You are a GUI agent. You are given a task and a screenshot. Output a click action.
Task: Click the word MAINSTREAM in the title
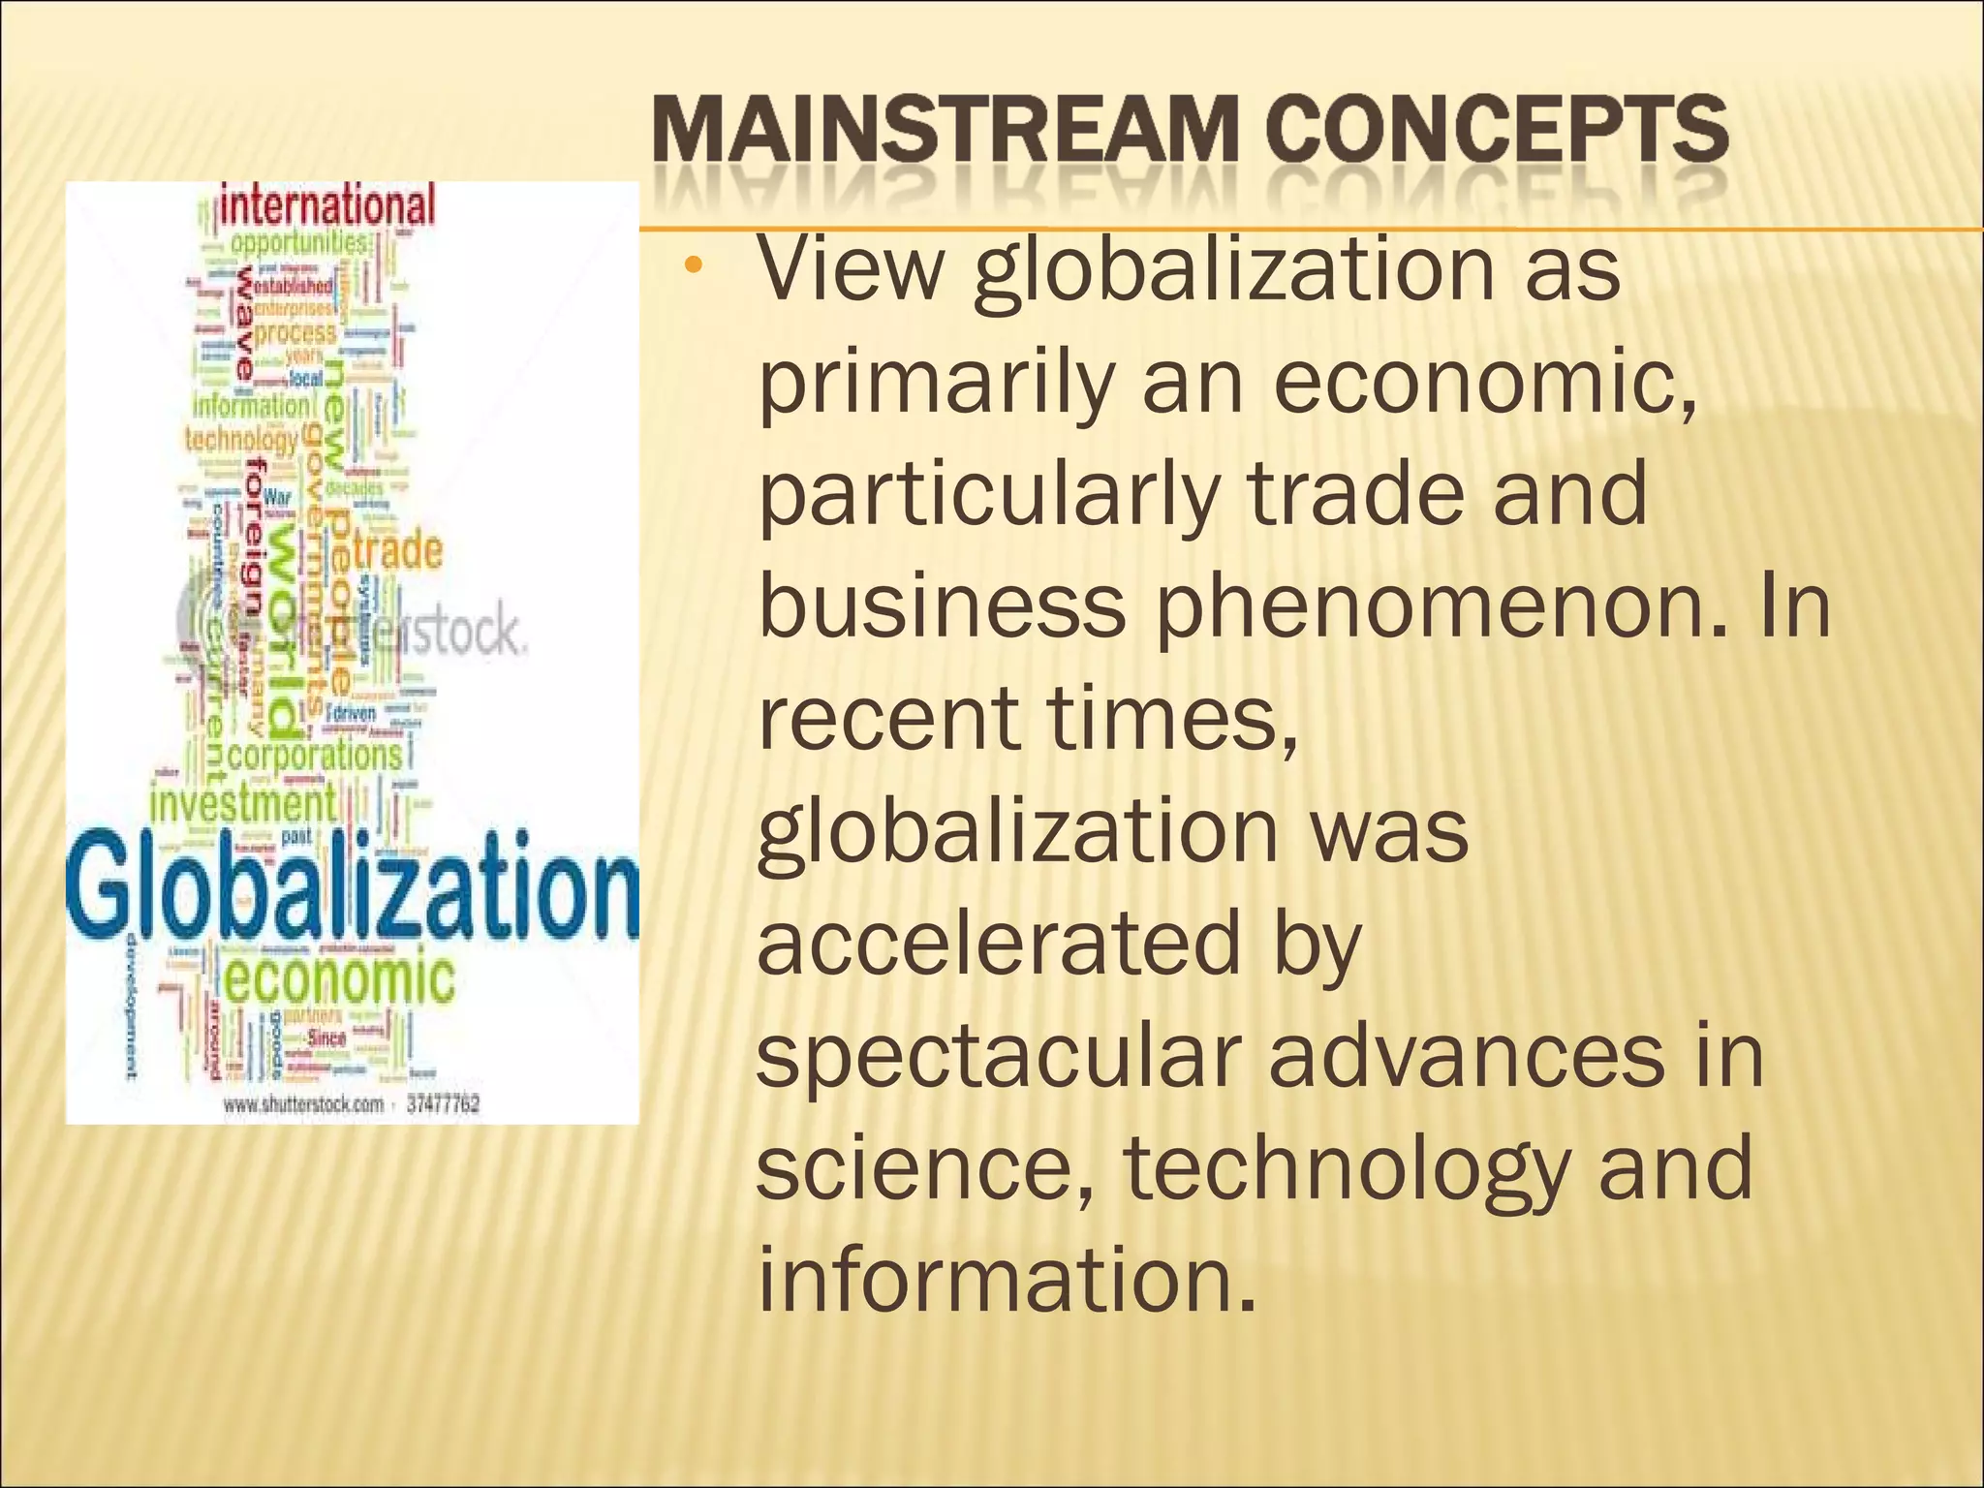[x=945, y=131]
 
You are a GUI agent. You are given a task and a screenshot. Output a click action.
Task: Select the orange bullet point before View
[x=691, y=265]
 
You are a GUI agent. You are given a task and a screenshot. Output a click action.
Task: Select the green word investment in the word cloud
[x=242, y=804]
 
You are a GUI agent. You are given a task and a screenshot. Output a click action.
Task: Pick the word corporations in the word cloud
[x=314, y=755]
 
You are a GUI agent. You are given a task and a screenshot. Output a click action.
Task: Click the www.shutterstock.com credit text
[x=303, y=1104]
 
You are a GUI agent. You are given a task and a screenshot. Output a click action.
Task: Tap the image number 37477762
[x=443, y=1104]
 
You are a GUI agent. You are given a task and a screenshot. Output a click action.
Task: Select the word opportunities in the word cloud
[x=299, y=241]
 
